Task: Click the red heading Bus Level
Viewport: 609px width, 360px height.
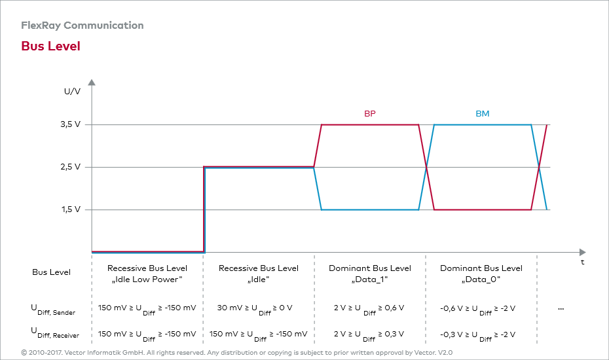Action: pyautogui.click(x=50, y=46)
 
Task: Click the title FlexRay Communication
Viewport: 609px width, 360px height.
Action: pyautogui.click(x=82, y=26)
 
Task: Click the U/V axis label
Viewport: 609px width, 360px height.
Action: pyautogui.click(x=72, y=92)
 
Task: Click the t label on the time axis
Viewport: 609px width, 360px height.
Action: pyautogui.click(x=583, y=262)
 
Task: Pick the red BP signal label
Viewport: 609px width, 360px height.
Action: pyautogui.click(x=370, y=114)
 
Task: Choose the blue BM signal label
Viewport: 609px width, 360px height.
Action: pyautogui.click(x=482, y=114)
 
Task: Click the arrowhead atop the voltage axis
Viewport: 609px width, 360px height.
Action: pyautogui.click(x=92, y=83)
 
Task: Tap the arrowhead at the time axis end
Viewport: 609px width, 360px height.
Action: pyautogui.click(x=581, y=252)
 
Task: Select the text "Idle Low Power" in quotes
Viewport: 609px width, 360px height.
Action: pyautogui.click(x=147, y=279)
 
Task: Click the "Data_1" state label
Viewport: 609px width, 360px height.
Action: pyautogui.click(x=370, y=279)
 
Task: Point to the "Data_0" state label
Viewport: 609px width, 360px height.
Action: pyautogui.click(x=481, y=279)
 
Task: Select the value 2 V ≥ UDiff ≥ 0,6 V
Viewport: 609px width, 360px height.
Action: pyautogui.click(x=369, y=308)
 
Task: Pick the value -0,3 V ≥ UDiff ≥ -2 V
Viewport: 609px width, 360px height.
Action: pyautogui.click(x=478, y=334)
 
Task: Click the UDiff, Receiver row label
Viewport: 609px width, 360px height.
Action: pyautogui.click(x=55, y=333)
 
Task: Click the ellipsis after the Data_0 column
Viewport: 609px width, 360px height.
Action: pyautogui.click(x=561, y=308)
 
